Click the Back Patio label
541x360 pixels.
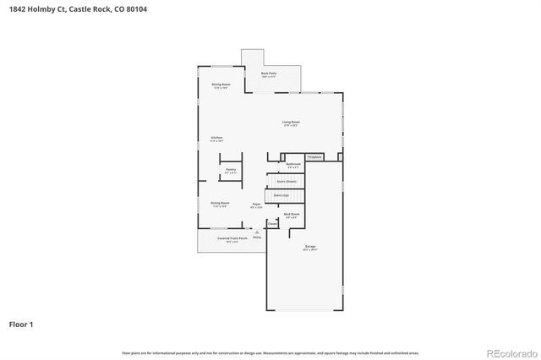269,74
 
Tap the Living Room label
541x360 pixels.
291,123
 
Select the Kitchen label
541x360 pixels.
216,139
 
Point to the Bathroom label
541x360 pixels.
293,165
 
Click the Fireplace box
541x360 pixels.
314,157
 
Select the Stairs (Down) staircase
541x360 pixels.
287,181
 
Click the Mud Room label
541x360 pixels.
291,216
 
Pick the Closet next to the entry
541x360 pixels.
272,224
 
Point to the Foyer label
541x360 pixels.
256,205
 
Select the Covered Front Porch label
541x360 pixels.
232,239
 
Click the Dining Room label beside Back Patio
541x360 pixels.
221,86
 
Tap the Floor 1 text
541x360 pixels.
22,324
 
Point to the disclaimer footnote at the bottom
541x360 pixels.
270,352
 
